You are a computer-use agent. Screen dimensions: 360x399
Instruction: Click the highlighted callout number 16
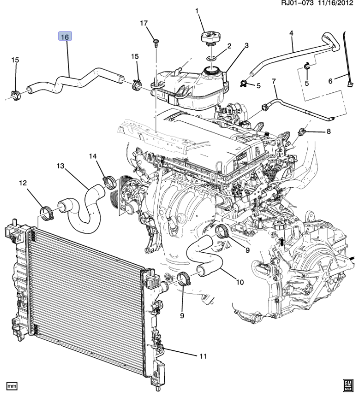(65, 37)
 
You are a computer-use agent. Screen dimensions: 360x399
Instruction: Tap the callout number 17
(144, 23)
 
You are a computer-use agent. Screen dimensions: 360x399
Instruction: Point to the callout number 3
(246, 46)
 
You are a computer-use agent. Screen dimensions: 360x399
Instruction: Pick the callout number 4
(292, 33)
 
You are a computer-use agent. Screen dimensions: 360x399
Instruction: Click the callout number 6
(331, 81)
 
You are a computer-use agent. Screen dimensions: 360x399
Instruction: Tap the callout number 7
(274, 81)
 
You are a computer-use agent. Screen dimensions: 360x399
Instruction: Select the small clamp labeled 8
(301, 131)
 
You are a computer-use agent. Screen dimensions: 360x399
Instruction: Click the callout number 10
(240, 282)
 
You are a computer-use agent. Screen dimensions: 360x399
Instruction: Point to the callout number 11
(203, 356)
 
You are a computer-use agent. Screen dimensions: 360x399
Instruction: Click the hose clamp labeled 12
(47, 213)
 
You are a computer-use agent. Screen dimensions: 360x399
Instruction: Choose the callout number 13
(60, 166)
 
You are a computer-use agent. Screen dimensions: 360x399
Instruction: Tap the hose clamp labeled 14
(109, 182)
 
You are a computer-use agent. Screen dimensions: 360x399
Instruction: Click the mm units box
(12, 386)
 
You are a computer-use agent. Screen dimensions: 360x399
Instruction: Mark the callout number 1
(197, 11)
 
